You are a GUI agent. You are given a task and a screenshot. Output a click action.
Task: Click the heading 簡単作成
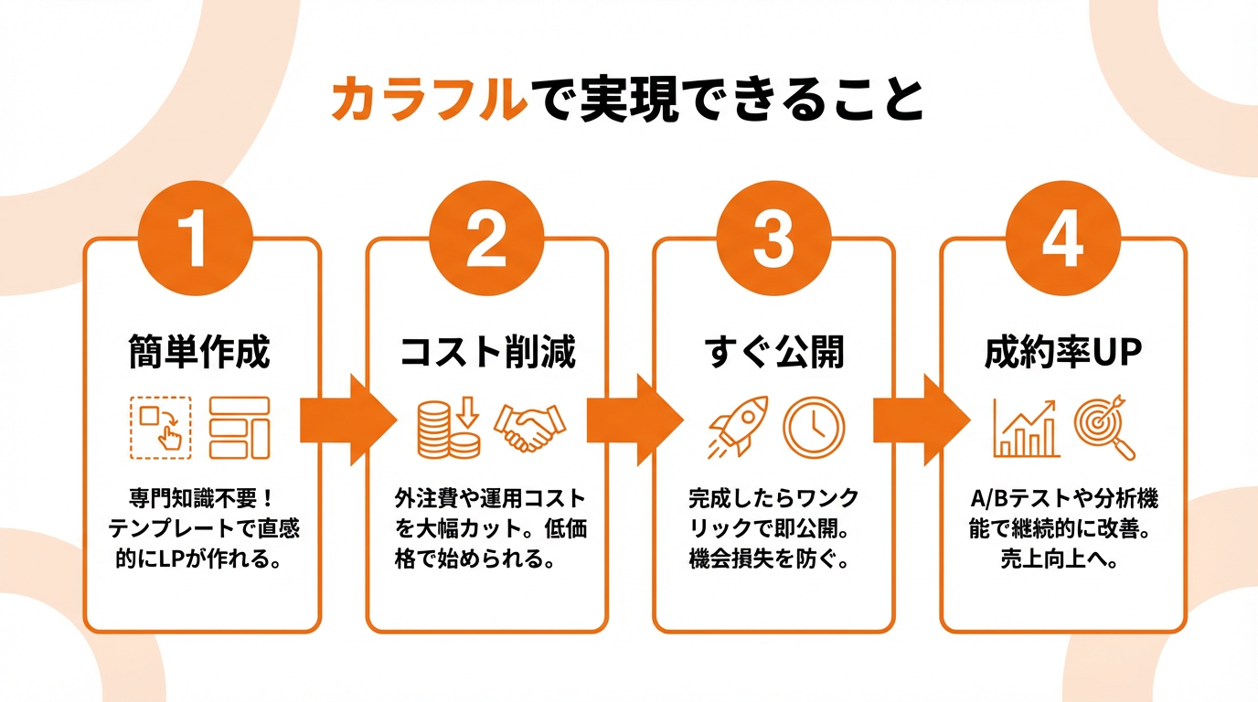[x=198, y=352]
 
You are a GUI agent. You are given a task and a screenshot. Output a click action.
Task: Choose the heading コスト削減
[x=488, y=352]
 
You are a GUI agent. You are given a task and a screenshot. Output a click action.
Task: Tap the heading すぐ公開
[x=774, y=352]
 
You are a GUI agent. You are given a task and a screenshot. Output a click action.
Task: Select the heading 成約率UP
[x=1063, y=352]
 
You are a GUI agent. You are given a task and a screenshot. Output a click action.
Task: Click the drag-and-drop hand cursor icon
[x=161, y=427]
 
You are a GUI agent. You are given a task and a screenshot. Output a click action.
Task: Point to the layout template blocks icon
[x=240, y=427]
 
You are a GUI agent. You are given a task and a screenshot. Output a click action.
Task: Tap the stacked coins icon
[x=449, y=428]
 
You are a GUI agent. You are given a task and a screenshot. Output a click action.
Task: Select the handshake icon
[x=529, y=428]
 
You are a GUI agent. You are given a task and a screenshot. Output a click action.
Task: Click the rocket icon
[x=738, y=428]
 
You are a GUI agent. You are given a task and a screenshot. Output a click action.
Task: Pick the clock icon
[x=814, y=427]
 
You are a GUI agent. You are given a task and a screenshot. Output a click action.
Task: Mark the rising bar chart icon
[x=1026, y=428]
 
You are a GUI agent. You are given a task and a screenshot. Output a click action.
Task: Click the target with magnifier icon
[x=1104, y=428]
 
